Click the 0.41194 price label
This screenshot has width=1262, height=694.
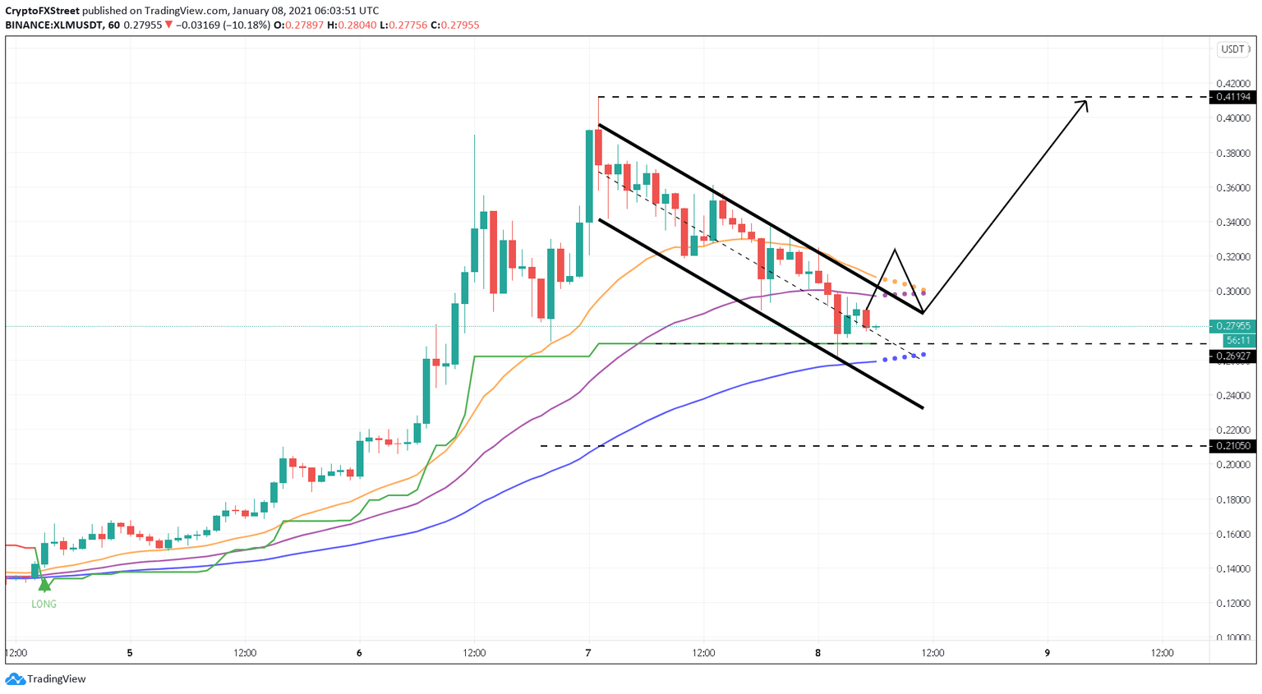1233,97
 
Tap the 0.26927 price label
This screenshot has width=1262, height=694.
1233,356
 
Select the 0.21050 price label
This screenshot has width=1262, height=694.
1233,446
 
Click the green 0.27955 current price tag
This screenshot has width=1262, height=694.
1233,326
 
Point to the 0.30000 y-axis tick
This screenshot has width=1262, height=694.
1233,292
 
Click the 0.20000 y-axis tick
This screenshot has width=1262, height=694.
1233,465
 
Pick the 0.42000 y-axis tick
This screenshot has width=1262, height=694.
1233,84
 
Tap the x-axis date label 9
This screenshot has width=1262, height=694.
1048,654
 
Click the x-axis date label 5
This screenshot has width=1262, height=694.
130,654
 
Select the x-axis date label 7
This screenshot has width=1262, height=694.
588,654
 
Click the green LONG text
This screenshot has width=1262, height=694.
44,604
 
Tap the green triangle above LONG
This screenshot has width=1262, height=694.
44,586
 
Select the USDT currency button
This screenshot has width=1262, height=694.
1232,49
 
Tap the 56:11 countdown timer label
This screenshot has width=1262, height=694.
1238,340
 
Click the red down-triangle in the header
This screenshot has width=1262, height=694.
169,25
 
